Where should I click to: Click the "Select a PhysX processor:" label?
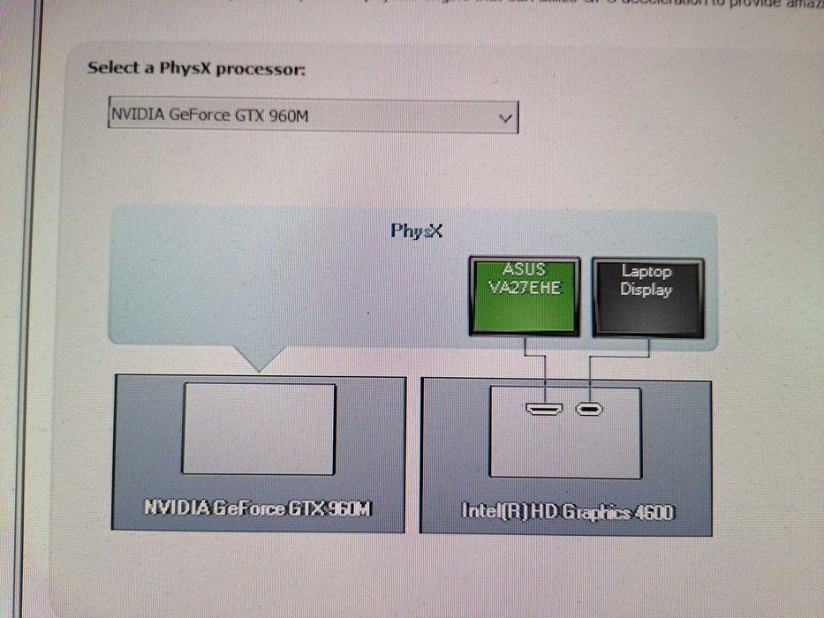tap(196, 69)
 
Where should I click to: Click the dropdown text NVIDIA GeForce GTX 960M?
tap(210, 116)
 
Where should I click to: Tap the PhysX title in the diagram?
tap(416, 231)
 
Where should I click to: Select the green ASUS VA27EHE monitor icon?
tap(525, 296)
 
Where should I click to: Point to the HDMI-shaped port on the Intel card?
tap(545, 409)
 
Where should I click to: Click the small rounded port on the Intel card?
tap(588, 409)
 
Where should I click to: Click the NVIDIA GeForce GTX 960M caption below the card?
tap(258, 509)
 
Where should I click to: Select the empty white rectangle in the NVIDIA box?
tap(259, 429)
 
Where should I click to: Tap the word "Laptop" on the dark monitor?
tap(646, 273)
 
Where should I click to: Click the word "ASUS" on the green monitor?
tap(525, 270)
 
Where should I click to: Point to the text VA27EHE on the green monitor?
tap(525, 288)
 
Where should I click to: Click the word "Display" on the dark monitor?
tap(646, 290)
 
